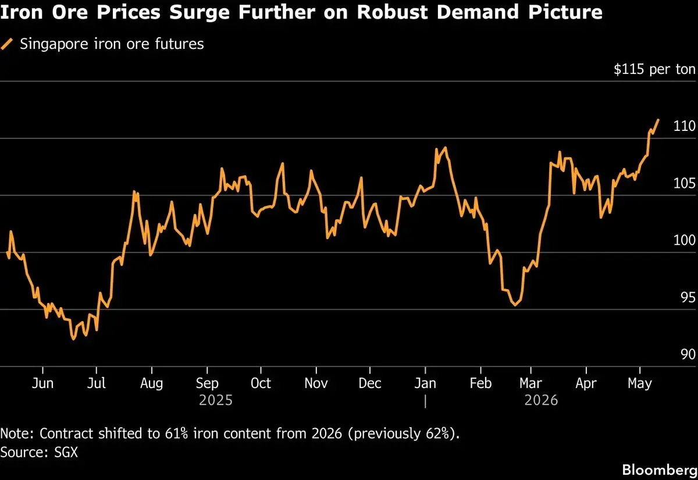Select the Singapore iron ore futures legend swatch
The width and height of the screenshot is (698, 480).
(6, 44)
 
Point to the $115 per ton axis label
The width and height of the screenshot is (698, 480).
(654, 69)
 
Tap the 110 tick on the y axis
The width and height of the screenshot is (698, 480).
(684, 126)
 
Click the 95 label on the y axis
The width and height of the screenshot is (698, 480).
(688, 297)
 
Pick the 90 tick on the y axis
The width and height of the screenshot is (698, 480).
(688, 354)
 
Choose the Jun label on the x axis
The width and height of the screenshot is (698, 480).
(42, 383)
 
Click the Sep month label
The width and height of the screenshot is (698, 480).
(207, 383)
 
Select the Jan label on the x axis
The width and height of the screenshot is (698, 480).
(425, 383)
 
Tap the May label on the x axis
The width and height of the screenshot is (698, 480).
(639, 383)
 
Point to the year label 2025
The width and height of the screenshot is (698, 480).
(216, 400)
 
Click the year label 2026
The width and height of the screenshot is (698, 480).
(541, 400)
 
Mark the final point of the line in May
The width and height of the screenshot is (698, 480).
(658, 120)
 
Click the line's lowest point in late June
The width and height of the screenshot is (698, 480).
(73, 339)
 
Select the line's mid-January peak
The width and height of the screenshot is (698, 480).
(446, 147)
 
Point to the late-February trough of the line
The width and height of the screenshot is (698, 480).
(515, 305)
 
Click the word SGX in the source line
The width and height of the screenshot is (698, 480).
(66, 452)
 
